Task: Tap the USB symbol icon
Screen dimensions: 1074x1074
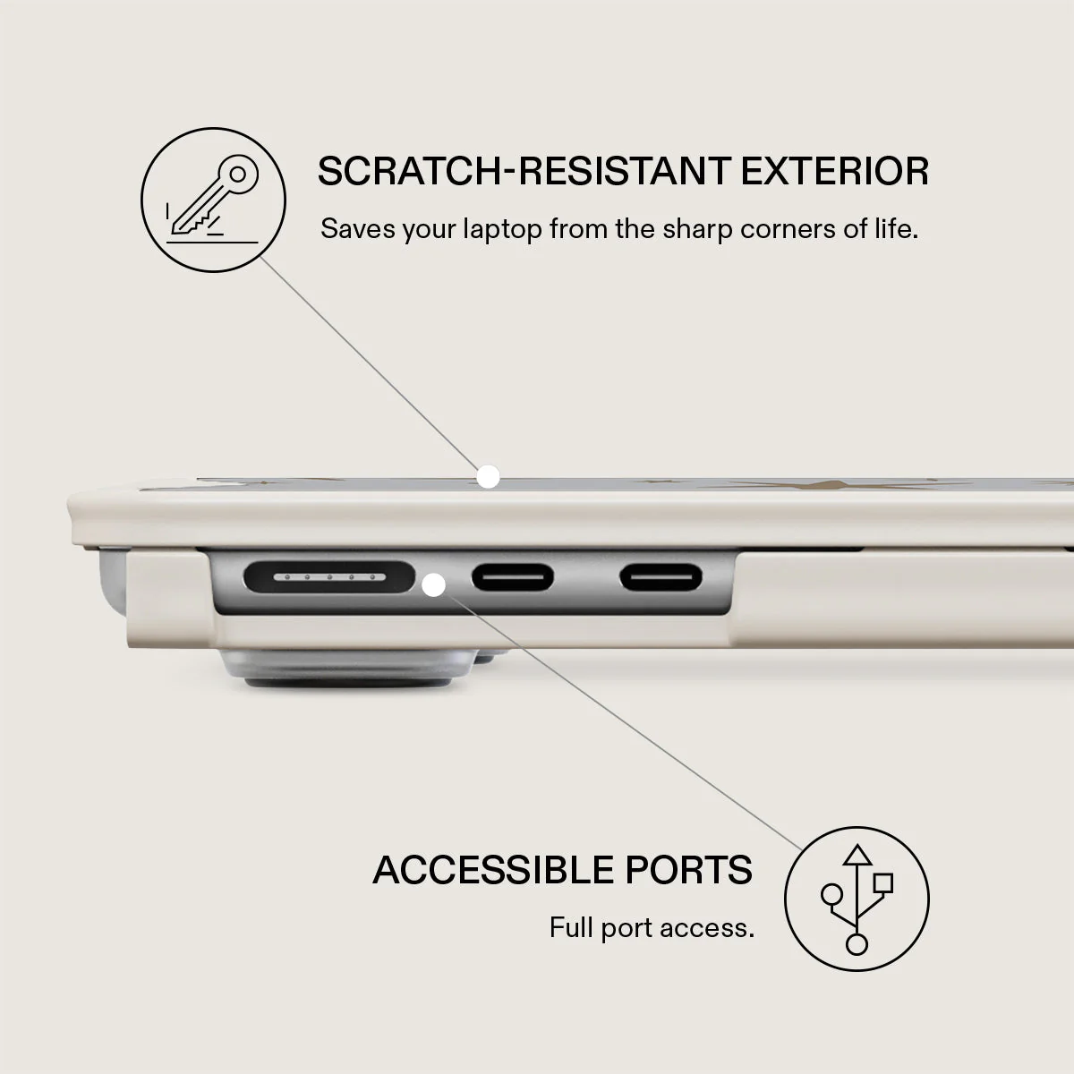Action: [857, 899]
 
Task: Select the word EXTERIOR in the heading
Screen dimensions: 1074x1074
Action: [834, 171]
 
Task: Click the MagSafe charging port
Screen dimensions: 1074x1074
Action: [329, 577]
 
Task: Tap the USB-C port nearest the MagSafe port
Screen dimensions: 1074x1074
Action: [513, 577]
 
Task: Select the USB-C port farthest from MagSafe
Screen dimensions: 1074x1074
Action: [661, 577]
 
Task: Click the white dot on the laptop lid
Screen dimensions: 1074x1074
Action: [489, 477]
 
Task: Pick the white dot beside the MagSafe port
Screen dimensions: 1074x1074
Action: [433, 585]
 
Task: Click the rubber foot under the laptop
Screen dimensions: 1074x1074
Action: [348, 669]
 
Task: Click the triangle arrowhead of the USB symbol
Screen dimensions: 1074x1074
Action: [857, 855]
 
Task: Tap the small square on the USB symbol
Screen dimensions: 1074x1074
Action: [883, 882]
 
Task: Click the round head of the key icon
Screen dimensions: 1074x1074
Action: [238, 175]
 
